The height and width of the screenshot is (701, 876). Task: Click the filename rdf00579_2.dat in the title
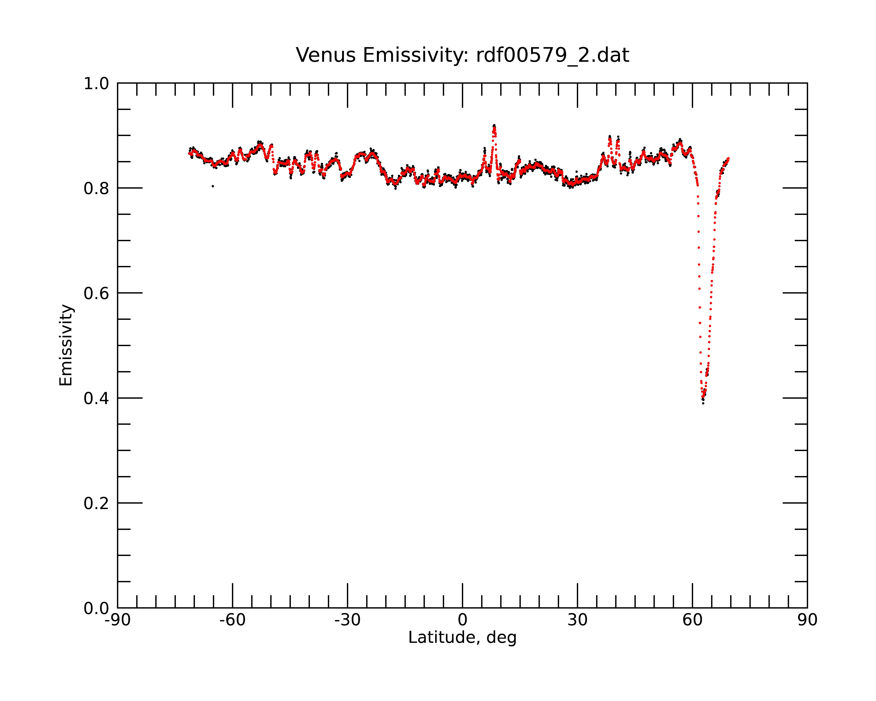pyautogui.click(x=553, y=55)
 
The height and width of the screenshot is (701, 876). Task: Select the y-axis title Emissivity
pyautogui.click(x=66, y=345)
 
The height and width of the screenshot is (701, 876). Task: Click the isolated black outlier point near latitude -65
pyautogui.click(x=213, y=186)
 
